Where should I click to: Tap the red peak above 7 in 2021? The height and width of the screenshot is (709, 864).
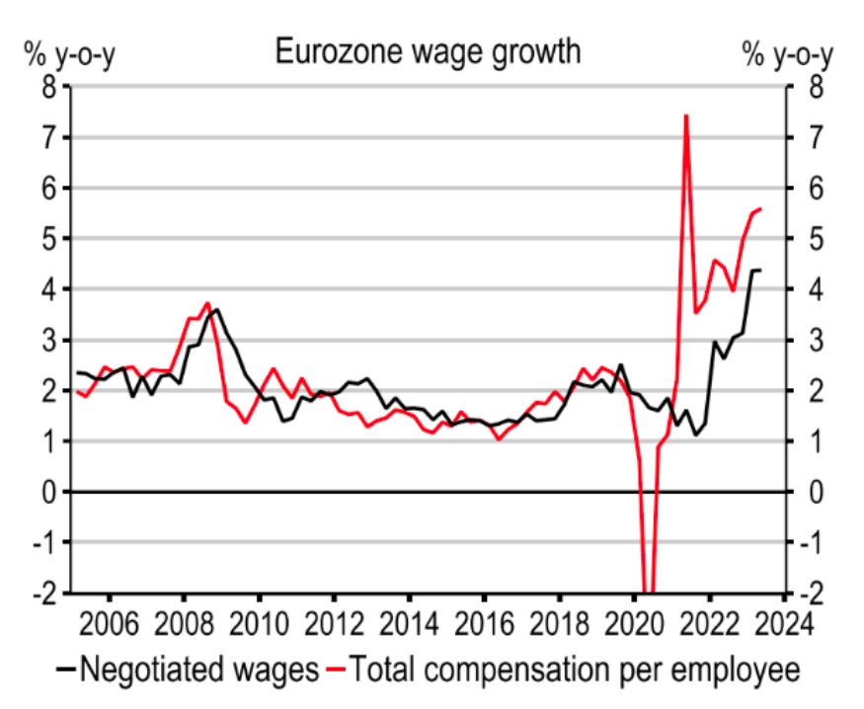point(685,117)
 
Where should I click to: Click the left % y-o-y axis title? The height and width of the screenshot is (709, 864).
point(54,56)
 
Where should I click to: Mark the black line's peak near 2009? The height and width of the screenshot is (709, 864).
point(217,309)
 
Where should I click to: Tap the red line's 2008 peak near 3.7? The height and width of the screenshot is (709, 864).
point(206,303)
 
